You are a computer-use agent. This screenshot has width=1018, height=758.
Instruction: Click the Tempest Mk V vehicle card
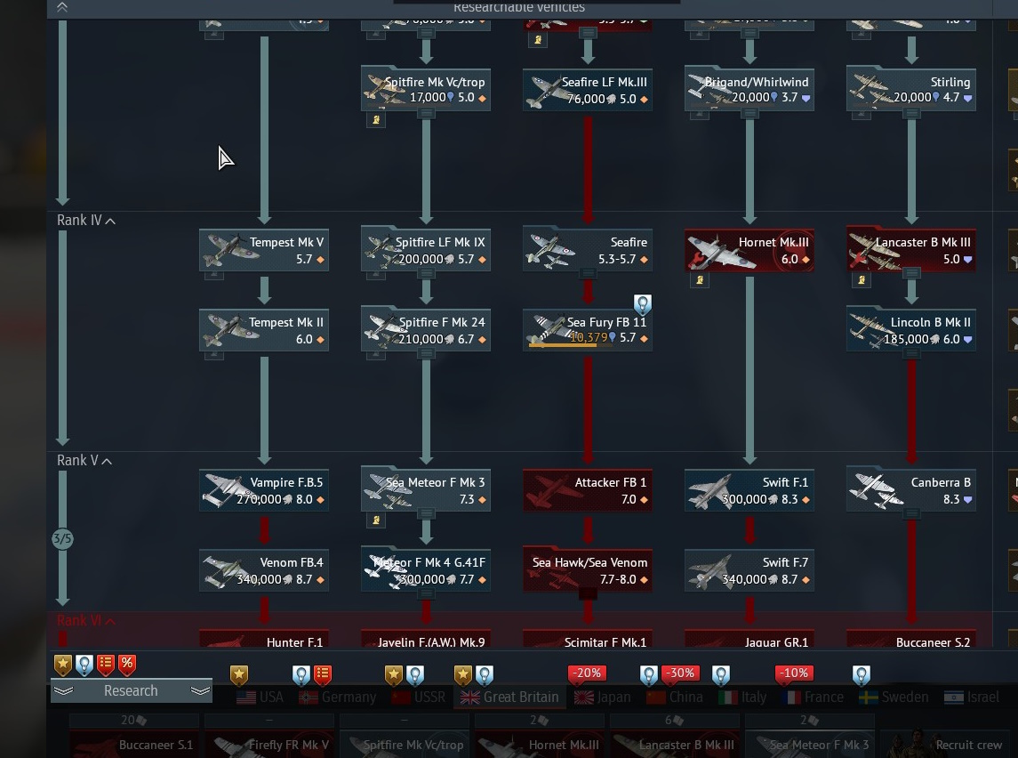[264, 251]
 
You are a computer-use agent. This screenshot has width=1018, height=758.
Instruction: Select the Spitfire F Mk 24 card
[426, 330]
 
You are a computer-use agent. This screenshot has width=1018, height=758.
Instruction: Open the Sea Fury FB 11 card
[588, 330]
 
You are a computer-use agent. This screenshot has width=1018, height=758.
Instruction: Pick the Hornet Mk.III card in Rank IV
[749, 251]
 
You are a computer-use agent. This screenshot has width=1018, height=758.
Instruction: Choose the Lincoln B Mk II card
[911, 330]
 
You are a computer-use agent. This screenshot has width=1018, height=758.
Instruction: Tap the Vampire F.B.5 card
[264, 491]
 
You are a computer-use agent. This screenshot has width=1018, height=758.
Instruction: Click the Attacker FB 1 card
[588, 491]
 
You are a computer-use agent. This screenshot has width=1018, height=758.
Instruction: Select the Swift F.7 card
[749, 570]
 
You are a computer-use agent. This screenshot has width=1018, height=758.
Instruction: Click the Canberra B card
[911, 491]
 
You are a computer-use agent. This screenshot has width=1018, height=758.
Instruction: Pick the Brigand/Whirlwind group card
[749, 90]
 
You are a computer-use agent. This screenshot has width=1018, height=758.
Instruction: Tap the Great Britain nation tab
[510, 698]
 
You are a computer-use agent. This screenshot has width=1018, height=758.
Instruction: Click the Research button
[131, 691]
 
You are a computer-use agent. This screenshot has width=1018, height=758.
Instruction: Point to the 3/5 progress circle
[62, 539]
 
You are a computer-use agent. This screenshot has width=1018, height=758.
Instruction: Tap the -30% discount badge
[681, 673]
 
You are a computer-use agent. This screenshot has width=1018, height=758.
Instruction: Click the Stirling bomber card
[911, 90]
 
